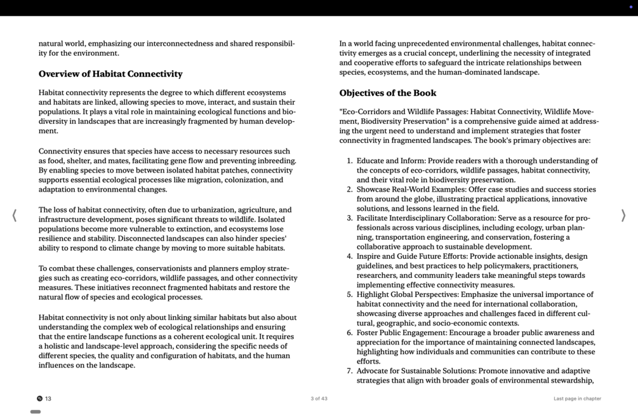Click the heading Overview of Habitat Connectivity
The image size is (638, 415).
110,74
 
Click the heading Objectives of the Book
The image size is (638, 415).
387,93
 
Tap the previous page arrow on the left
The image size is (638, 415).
14,215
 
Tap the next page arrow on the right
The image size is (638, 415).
623,215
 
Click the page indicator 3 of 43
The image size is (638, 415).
319,399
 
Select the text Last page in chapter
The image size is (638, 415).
577,399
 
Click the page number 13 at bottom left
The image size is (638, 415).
48,399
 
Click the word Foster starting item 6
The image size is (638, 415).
368,333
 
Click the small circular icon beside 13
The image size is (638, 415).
39,399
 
